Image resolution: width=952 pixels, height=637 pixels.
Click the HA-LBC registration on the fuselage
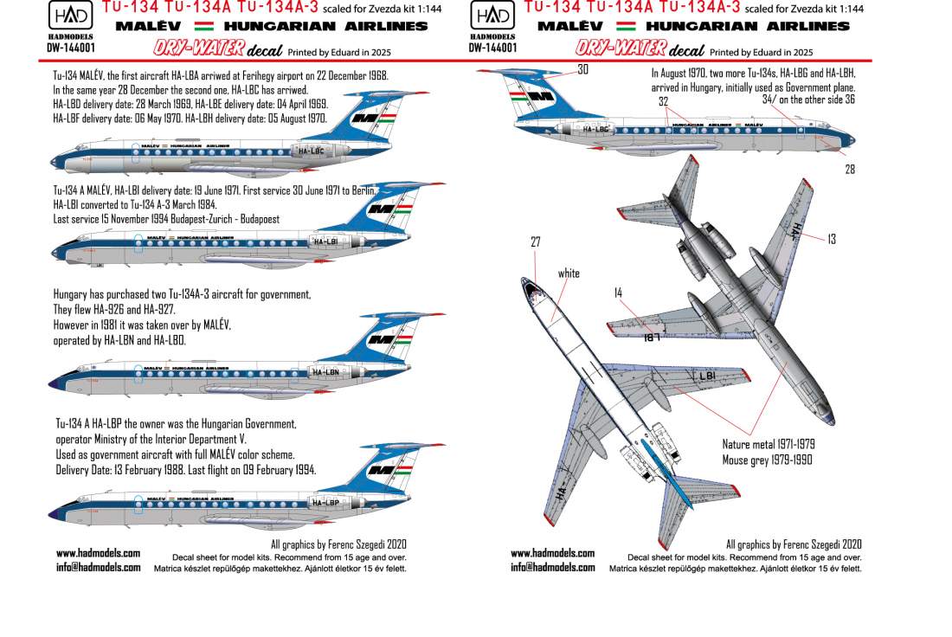pyautogui.click(x=309, y=150)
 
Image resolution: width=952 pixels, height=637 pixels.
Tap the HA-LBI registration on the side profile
pyautogui.click(x=325, y=241)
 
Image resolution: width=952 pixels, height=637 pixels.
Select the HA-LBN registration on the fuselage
pyautogui.click(x=325, y=372)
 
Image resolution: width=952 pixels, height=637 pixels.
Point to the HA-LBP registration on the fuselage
pyautogui.click(x=325, y=502)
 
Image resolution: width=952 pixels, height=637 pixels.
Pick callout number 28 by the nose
pyautogui.click(x=850, y=170)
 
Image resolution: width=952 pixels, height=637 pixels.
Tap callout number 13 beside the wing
pyautogui.click(x=831, y=239)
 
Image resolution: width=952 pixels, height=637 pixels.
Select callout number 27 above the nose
pyautogui.click(x=536, y=243)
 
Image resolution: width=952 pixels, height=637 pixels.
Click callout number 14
pyautogui.click(x=618, y=293)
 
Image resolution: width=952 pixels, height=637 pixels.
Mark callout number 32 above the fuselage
pyautogui.click(x=664, y=101)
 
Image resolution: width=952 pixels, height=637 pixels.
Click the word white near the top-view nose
pyautogui.click(x=569, y=273)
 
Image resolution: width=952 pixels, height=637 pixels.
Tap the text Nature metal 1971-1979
pyautogui.click(x=769, y=444)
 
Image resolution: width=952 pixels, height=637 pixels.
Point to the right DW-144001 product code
pyautogui.click(x=492, y=48)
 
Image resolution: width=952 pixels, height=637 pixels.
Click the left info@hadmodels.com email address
pyautogui.click(x=98, y=568)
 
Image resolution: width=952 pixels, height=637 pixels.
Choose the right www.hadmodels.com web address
pyautogui.click(x=552, y=553)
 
